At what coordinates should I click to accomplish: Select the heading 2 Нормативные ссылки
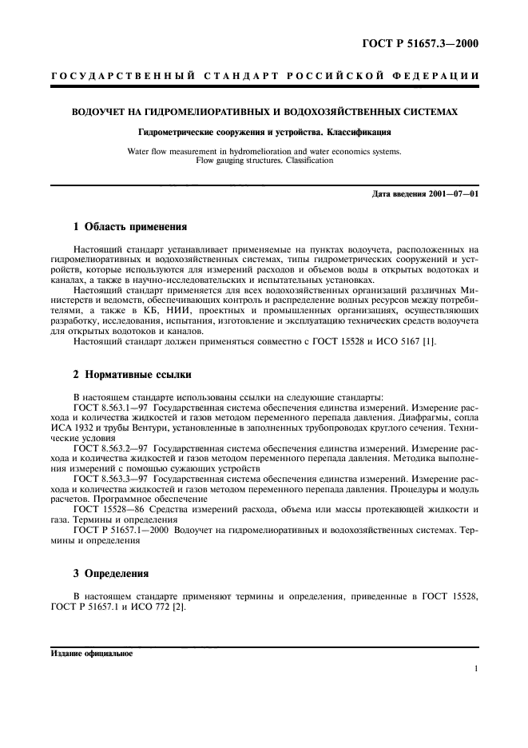131,373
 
